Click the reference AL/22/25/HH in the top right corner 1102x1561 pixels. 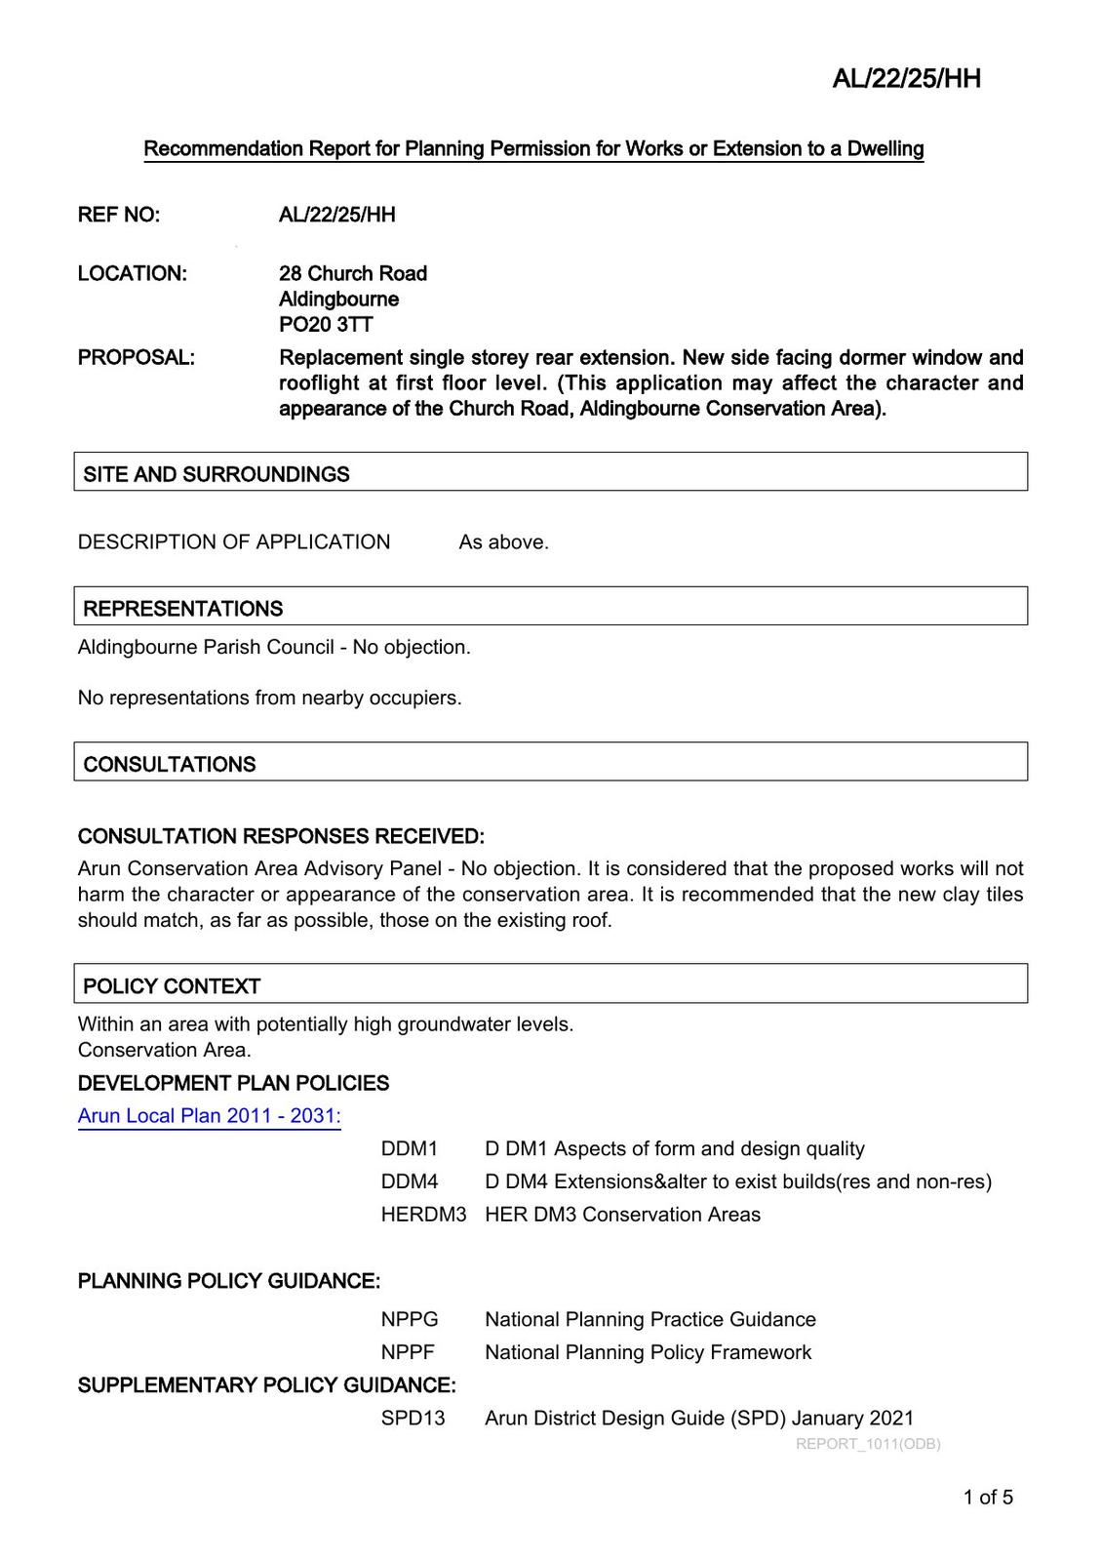coord(906,79)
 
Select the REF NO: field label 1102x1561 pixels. coord(119,215)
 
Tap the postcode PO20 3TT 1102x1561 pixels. coord(326,324)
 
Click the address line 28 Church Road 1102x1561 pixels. coord(353,273)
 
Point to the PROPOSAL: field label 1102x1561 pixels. coord(136,357)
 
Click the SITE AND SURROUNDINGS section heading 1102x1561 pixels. coord(216,474)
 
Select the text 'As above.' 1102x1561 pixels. coord(503,542)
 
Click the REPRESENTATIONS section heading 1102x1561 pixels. coord(183,609)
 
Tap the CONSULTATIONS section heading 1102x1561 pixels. coord(170,765)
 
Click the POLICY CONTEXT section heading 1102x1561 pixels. coord(172,986)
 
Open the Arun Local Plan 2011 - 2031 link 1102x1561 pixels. coord(209,1115)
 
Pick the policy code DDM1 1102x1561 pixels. coord(410,1149)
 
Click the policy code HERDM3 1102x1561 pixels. coord(423,1215)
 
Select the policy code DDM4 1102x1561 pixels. coord(410,1181)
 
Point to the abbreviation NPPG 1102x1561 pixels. coord(410,1320)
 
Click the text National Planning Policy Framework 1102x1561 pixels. coord(648,1352)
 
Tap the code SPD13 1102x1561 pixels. coord(413,1419)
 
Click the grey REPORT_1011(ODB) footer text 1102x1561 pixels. coord(868,1444)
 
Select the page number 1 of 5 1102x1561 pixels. coord(988,1498)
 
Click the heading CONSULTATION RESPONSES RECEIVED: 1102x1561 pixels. coord(281,836)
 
